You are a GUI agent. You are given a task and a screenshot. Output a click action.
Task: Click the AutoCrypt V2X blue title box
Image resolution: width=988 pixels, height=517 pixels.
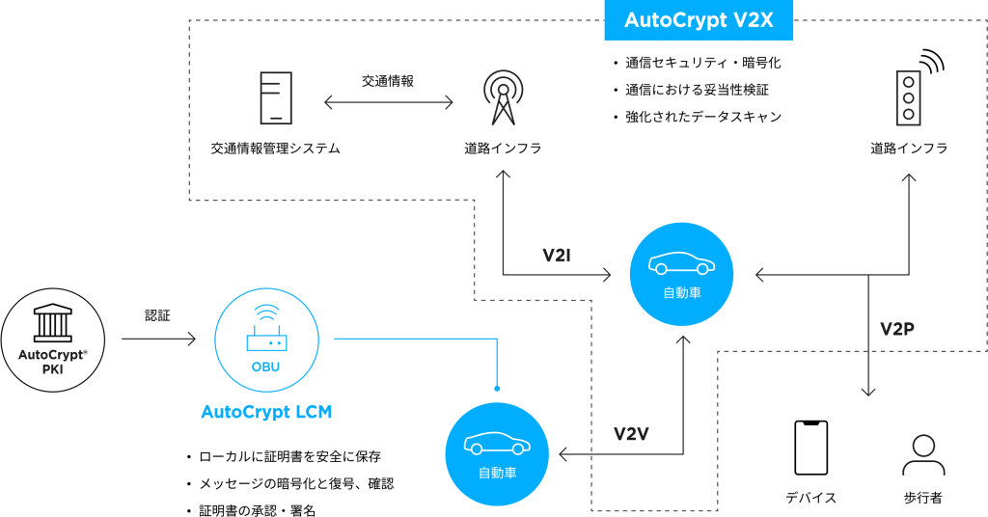[x=699, y=20]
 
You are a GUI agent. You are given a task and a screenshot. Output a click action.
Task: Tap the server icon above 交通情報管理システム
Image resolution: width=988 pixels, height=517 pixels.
[x=276, y=97]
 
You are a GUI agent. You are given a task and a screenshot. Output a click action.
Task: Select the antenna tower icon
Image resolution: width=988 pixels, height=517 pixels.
[x=503, y=97]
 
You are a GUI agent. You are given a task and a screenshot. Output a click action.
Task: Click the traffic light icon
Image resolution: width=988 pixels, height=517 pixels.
[x=919, y=88]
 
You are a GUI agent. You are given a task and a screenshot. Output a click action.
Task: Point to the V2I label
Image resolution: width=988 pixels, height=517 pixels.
[x=557, y=255]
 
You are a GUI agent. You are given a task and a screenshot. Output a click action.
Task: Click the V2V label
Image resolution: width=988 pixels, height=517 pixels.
[x=631, y=434]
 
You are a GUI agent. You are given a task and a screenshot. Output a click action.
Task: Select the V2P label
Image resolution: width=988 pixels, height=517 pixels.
[x=896, y=329]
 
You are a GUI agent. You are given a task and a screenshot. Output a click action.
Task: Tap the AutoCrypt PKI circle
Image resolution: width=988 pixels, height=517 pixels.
[x=53, y=340]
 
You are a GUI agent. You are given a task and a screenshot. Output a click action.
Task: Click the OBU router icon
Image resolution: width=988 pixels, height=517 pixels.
[x=266, y=328]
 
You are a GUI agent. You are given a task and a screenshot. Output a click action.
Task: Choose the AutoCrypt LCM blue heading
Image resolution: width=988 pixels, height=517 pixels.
[x=266, y=412]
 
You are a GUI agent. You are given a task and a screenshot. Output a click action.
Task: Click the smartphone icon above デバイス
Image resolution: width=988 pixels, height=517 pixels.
[x=810, y=448]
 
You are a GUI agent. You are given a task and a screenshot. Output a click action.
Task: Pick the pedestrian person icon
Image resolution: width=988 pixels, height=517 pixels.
[x=923, y=454]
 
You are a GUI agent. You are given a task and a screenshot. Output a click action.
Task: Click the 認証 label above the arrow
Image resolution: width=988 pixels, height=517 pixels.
[x=157, y=315]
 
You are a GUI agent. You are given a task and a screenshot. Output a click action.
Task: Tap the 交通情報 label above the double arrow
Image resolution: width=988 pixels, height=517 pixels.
[x=388, y=81]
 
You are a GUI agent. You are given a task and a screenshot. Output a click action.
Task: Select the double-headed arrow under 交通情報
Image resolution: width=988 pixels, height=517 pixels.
[x=389, y=102]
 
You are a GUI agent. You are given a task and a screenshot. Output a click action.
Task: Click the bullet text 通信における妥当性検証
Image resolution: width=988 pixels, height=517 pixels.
[x=697, y=90]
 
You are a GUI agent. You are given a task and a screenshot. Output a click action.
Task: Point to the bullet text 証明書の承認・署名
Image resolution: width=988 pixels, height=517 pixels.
[x=257, y=510]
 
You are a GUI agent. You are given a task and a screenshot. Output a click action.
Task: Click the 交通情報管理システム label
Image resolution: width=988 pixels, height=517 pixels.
[x=275, y=149]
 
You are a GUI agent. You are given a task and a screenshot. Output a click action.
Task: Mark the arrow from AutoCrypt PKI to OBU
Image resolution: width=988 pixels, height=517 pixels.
[x=159, y=339]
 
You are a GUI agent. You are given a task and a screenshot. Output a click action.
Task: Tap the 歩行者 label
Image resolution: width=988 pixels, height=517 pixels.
[x=923, y=498]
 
